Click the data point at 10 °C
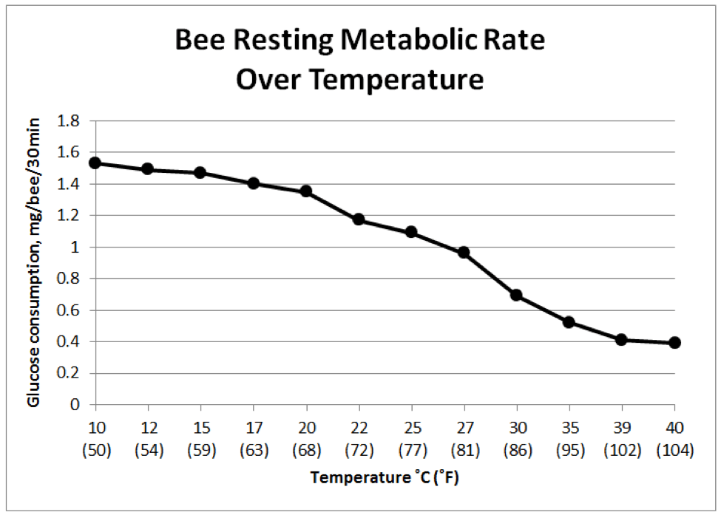[x=95, y=163]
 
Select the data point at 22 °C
[x=359, y=219]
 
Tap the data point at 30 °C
[x=516, y=295]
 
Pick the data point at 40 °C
[x=674, y=343]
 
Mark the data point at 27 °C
[x=464, y=252]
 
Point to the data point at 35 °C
[x=569, y=322]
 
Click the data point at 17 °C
[x=254, y=183]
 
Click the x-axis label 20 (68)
[x=306, y=439]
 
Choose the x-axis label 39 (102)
[x=621, y=439]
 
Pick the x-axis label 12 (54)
[x=148, y=439]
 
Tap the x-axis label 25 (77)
[x=411, y=439]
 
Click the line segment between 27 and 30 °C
[x=490, y=273]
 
